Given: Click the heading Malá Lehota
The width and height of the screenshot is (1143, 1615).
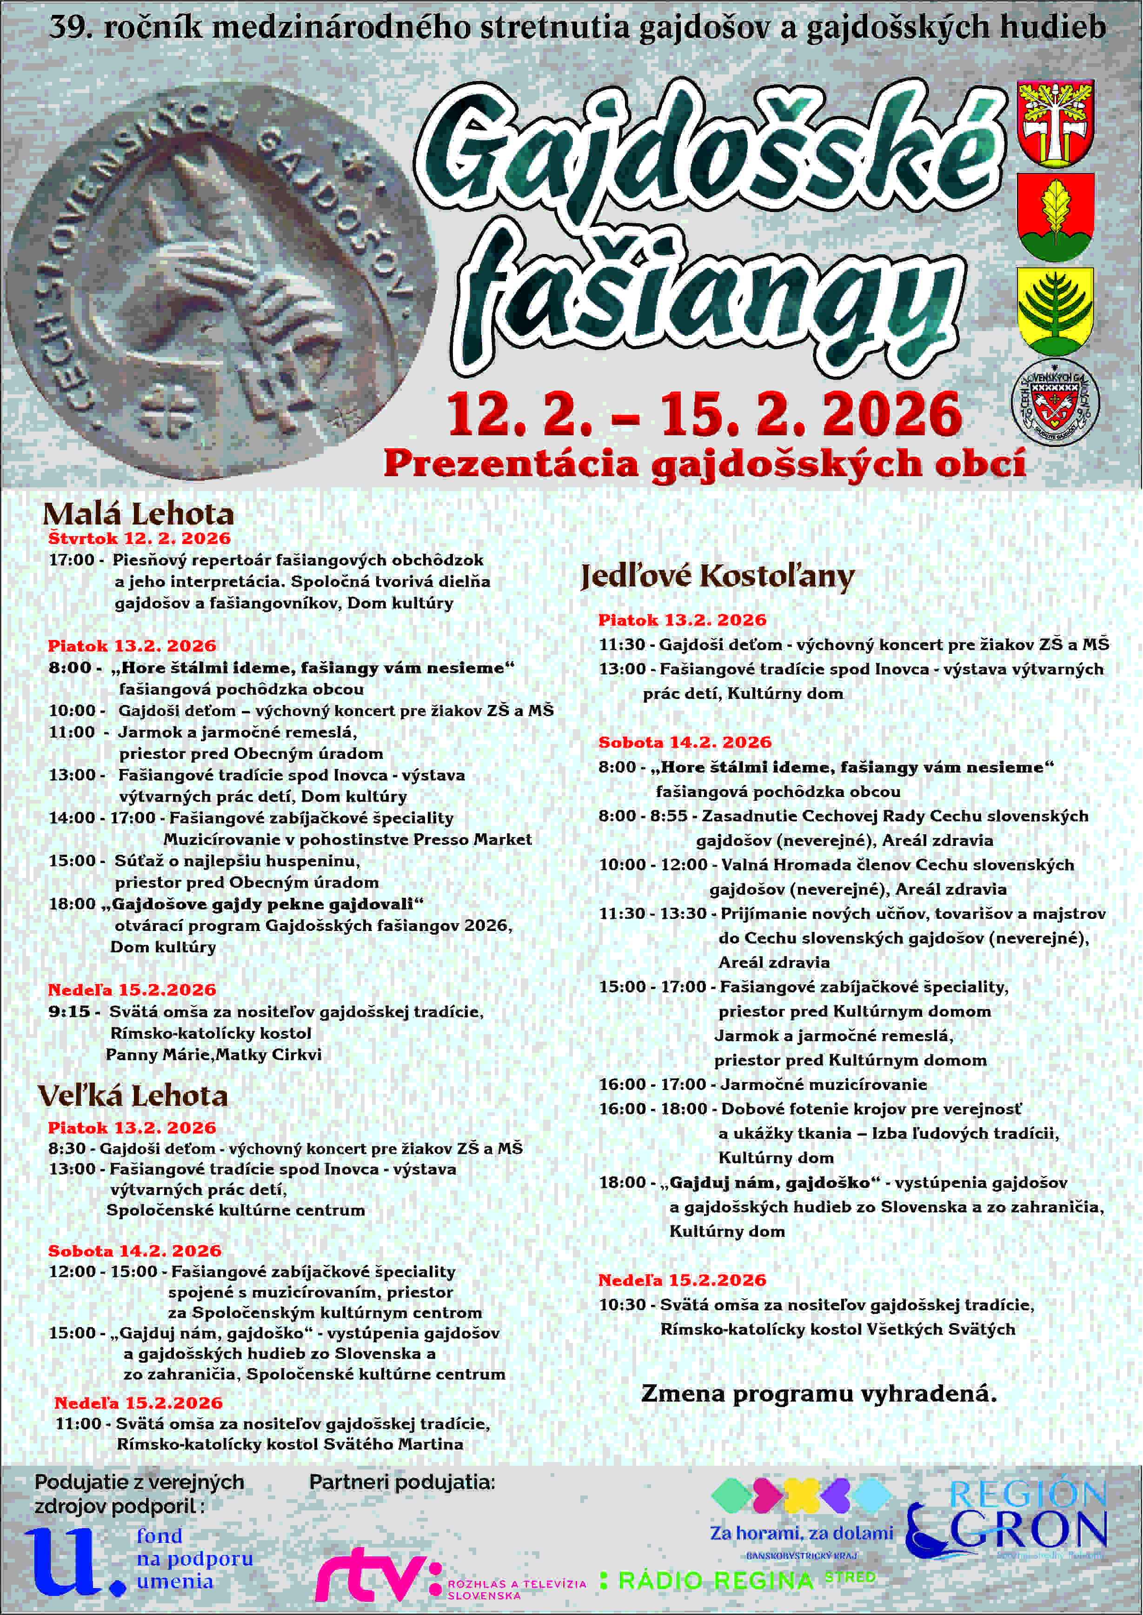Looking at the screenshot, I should tap(138, 514).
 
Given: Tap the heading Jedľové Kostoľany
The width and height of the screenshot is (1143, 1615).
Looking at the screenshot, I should tap(717, 576).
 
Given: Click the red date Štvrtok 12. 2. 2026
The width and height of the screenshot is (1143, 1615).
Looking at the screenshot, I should tap(140, 539).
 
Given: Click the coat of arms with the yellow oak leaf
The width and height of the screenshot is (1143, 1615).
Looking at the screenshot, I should tap(1055, 217).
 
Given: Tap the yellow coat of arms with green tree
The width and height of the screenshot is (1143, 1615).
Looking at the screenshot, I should tap(1055, 310).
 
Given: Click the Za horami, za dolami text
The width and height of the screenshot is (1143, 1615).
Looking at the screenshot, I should tap(801, 1533).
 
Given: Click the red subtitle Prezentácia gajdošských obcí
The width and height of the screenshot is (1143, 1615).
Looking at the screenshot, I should tap(704, 464).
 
